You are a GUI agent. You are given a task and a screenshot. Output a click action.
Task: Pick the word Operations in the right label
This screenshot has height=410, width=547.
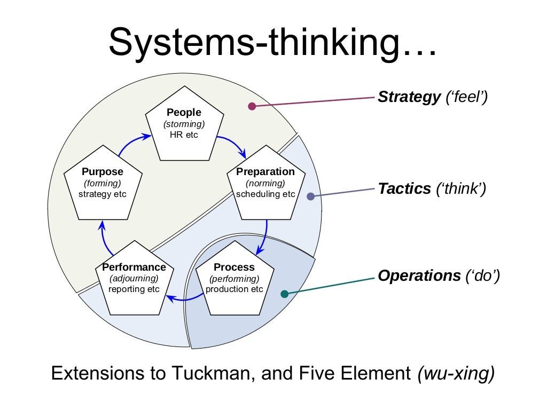[419, 276]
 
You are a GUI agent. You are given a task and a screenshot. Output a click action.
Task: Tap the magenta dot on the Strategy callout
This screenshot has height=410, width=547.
[252, 106]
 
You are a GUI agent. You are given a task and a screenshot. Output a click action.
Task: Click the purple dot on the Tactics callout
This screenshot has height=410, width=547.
[311, 196]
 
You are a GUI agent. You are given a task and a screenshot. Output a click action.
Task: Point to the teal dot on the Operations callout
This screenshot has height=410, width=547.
[284, 294]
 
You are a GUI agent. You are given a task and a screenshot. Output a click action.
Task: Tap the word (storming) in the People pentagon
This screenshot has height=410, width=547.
[184, 124]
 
